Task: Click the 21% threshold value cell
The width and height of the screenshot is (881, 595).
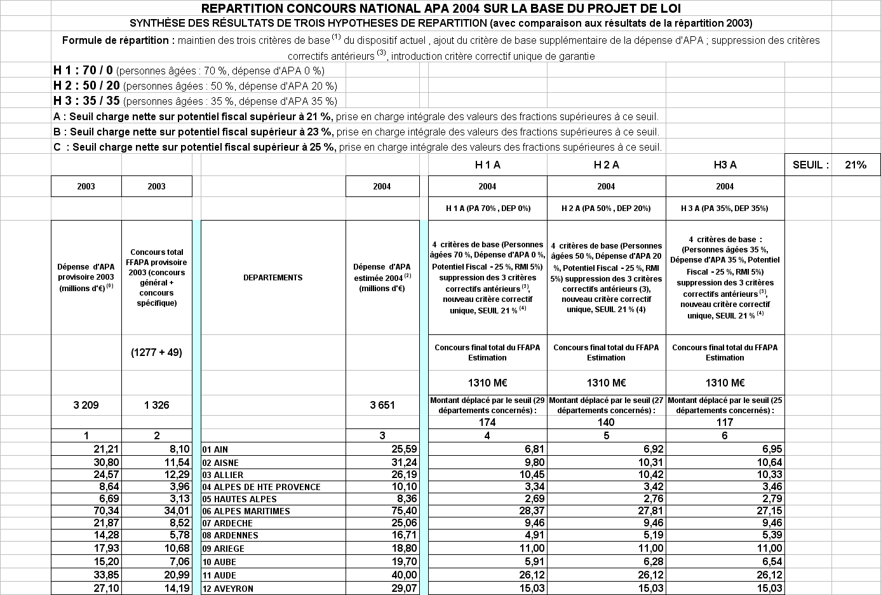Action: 856,165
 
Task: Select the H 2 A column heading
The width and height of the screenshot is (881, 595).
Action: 606,165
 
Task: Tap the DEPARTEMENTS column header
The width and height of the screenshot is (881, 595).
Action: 272,277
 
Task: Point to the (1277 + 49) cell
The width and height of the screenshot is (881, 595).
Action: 156,352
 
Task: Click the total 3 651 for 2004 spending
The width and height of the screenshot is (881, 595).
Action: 382,405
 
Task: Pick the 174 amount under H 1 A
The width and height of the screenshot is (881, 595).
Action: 487,422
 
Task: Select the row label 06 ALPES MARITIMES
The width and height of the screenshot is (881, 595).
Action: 252,511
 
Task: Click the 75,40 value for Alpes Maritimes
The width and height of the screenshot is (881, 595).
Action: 404,511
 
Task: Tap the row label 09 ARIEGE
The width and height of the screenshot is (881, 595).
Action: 229,549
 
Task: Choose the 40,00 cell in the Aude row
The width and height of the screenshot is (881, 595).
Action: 404,575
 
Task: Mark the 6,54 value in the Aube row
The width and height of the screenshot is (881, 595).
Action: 769,562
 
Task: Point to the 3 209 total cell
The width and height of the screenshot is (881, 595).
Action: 86,405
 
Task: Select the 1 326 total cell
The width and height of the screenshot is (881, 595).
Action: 156,405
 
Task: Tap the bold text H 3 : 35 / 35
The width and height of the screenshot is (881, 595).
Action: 86,100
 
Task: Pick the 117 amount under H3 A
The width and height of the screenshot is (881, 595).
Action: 725,422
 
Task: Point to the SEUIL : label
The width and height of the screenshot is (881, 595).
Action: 810,165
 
